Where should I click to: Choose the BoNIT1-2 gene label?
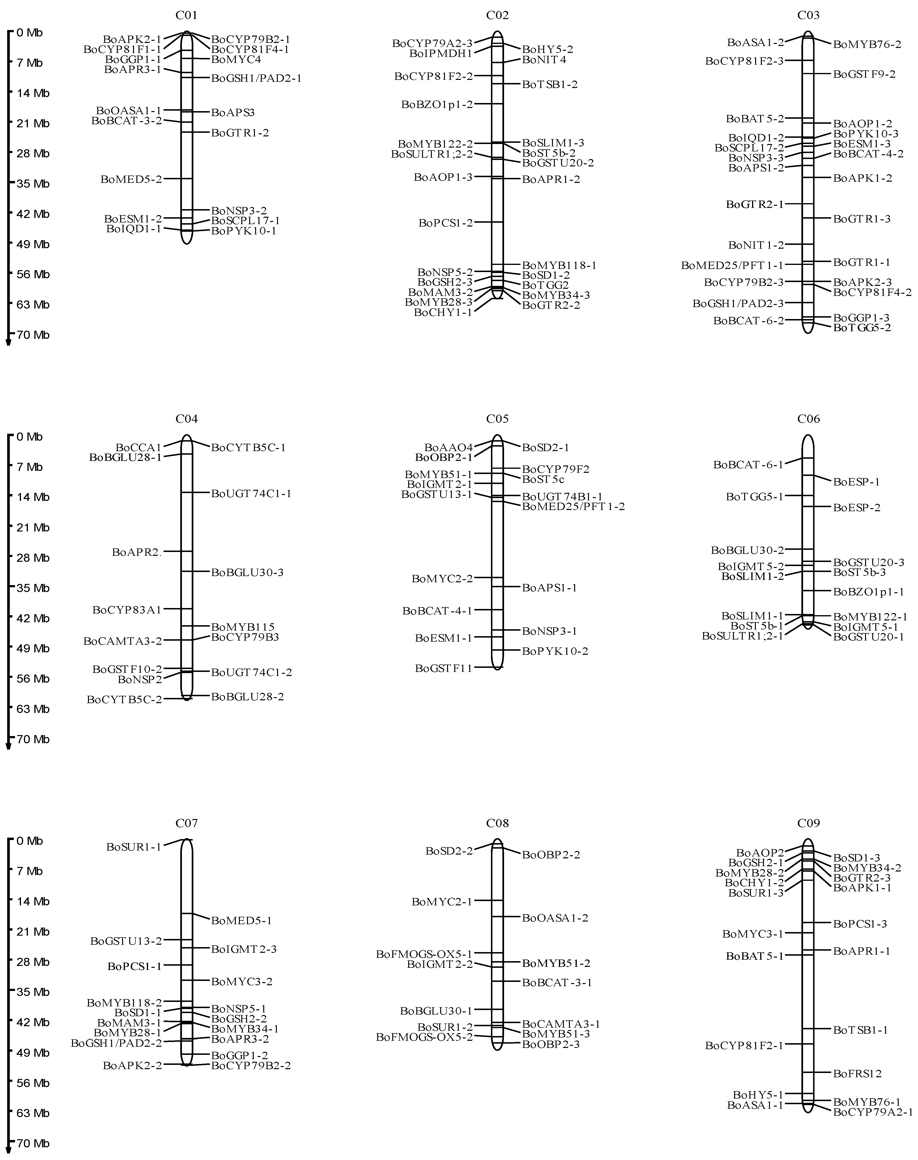(x=756, y=245)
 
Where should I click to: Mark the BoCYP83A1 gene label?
(x=127, y=609)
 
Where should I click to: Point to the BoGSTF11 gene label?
(x=444, y=668)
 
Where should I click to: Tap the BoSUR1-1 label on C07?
(x=134, y=847)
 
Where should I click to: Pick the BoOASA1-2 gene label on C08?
(x=555, y=918)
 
